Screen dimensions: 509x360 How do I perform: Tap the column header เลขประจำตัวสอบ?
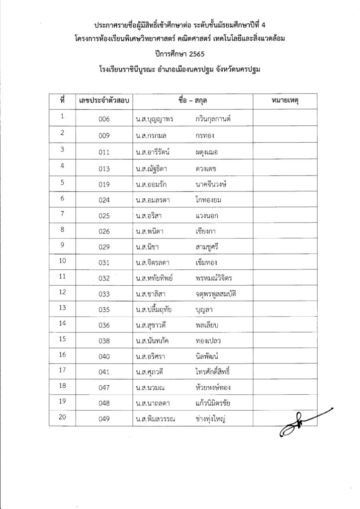pos(104,100)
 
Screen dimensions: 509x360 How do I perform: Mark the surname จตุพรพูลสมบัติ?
pos(222,294)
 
